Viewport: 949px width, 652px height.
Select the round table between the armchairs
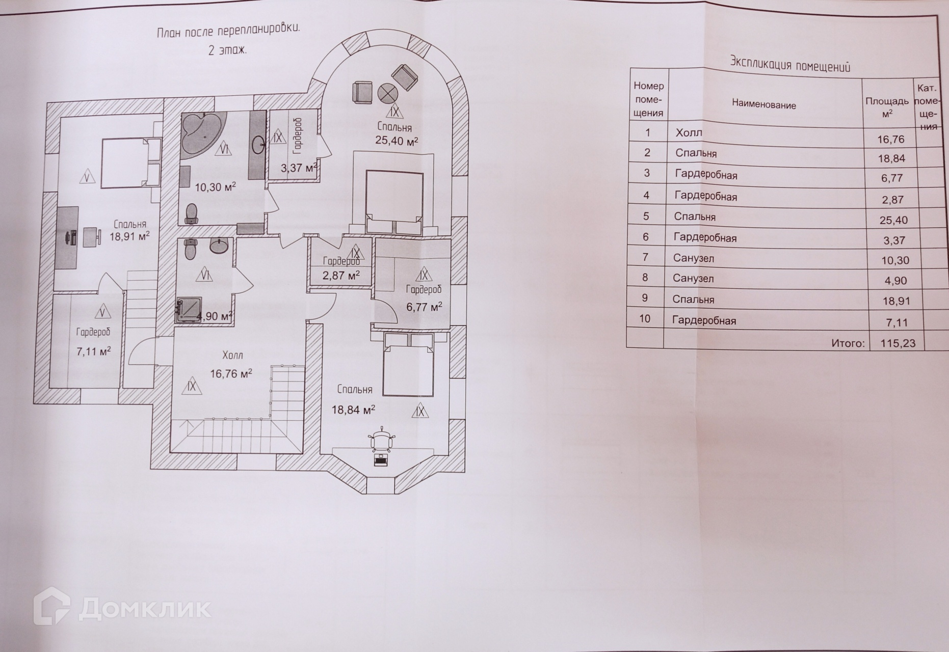[388, 93]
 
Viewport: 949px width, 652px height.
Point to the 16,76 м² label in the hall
[231, 374]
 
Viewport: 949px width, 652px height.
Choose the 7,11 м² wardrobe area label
[93, 351]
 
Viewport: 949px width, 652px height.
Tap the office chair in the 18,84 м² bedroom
[382, 440]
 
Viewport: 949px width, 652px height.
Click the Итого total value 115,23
[898, 343]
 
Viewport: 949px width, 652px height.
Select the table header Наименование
[763, 105]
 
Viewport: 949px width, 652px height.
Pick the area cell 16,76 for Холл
[891, 139]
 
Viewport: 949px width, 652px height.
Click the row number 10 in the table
[644, 319]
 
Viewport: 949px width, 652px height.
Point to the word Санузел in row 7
[693, 258]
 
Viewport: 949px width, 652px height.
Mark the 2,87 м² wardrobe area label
[340, 276]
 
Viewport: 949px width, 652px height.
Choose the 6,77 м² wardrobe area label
[424, 307]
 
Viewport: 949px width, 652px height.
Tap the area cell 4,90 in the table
[895, 281]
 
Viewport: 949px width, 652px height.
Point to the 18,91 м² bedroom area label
[129, 236]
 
